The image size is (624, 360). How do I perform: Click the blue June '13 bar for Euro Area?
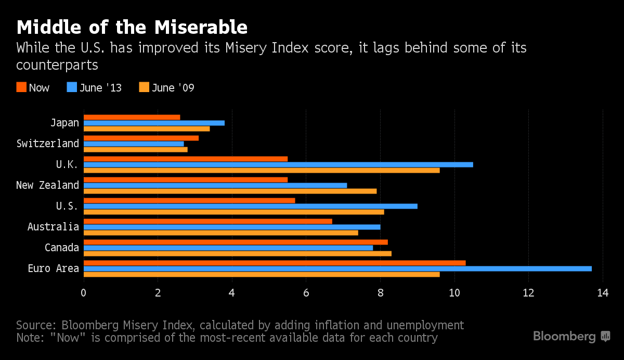[337, 268]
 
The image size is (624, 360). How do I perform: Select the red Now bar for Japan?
[132, 117]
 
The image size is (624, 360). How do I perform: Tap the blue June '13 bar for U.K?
[278, 164]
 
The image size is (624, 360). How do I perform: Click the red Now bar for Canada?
[236, 242]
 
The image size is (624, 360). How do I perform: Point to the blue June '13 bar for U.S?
[250, 206]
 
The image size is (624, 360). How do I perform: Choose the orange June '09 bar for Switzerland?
[135, 149]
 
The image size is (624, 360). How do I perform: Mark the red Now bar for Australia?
[207, 221]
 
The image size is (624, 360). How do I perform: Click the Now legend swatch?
[21, 87]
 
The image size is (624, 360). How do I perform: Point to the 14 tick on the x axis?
[603, 292]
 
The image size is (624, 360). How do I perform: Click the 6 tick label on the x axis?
[306, 292]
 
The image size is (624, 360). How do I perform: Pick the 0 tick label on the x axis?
[84, 292]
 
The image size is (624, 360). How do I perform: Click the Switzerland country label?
[48, 144]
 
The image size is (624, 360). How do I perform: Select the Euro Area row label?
[54, 268]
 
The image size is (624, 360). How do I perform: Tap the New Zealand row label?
[48, 185]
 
